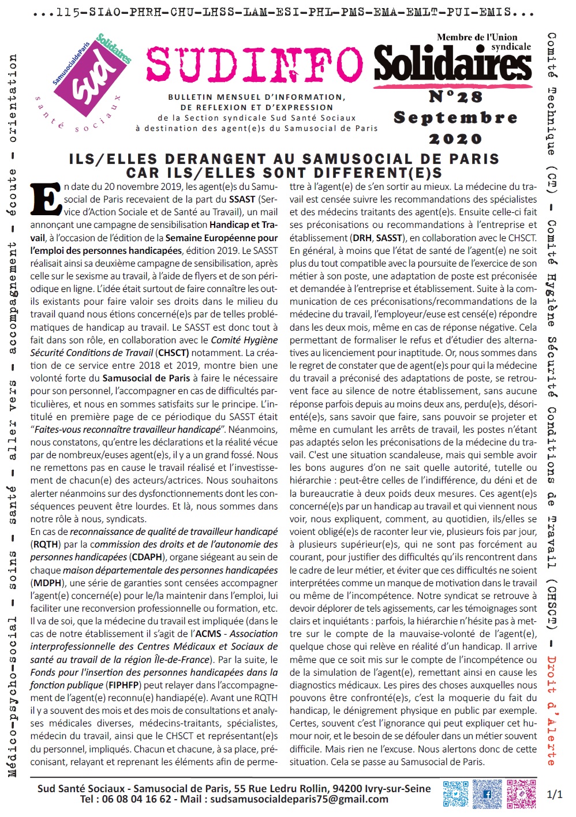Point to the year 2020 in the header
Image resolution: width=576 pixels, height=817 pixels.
[455, 139]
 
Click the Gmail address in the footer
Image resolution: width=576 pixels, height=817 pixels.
[299, 799]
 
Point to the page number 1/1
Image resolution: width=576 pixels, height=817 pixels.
[554, 794]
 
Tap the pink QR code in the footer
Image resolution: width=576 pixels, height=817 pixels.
[521, 794]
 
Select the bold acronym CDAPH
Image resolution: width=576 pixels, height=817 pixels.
[146, 557]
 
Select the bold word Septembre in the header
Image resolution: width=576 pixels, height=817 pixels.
[455, 118]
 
